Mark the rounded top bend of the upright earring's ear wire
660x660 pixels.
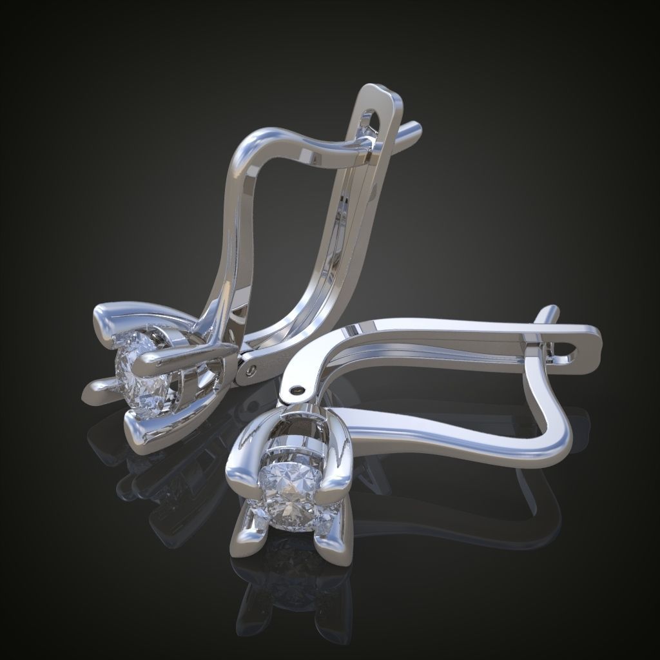click(258, 139)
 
